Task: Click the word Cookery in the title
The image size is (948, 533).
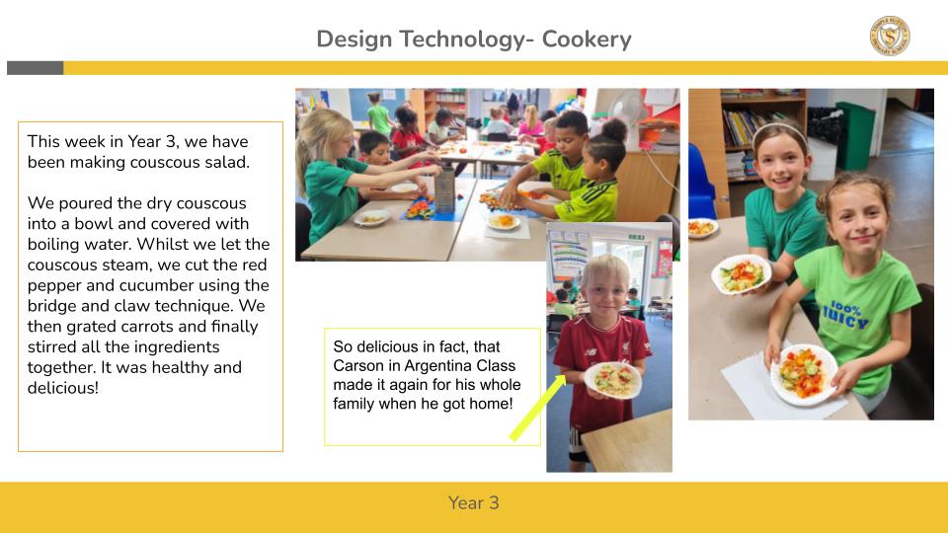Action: (x=587, y=39)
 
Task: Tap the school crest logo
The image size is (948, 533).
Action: (x=890, y=36)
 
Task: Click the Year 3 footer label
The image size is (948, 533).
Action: (x=473, y=502)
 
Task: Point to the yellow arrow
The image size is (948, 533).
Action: (x=537, y=408)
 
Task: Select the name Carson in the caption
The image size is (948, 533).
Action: (x=366, y=365)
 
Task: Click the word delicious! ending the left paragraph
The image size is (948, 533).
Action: (x=63, y=387)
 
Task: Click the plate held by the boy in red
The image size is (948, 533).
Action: (x=613, y=379)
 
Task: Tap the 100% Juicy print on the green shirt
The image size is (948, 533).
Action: (x=845, y=314)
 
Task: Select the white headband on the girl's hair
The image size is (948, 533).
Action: (x=779, y=128)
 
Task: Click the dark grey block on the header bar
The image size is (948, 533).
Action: (x=36, y=68)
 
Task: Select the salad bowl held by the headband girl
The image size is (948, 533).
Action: (x=742, y=274)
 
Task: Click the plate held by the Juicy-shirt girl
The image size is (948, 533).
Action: (x=803, y=375)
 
